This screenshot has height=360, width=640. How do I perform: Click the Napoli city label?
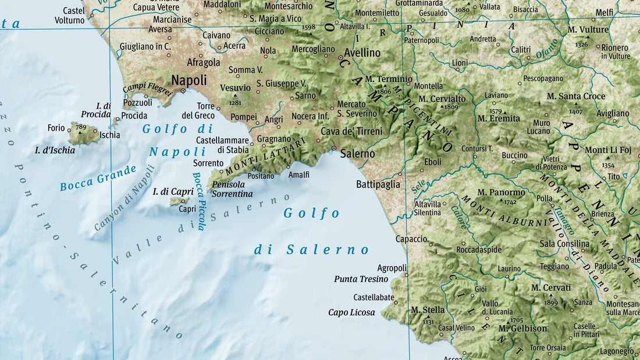click(189, 80)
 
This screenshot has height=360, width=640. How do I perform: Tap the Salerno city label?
click(357, 154)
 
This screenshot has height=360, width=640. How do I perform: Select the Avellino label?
click(362, 53)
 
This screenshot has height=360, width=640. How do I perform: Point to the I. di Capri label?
click(172, 191)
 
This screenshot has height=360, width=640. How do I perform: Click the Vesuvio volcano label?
click(235, 88)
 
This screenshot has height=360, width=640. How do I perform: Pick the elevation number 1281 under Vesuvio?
click(235, 103)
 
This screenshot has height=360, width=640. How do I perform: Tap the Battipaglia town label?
click(378, 184)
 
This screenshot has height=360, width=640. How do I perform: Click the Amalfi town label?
click(299, 174)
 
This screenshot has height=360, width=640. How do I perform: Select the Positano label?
click(261, 176)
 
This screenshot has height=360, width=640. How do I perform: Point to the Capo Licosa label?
click(351, 312)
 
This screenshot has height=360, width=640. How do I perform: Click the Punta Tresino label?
click(361, 279)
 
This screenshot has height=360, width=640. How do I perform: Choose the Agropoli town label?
click(392, 268)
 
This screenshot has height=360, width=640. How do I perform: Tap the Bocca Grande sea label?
click(98, 178)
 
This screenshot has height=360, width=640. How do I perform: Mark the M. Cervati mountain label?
click(551, 288)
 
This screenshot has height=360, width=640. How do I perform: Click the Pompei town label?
click(244, 117)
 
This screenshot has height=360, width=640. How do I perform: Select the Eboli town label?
click(433, 162)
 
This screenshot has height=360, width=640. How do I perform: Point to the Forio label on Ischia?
click(56, 128)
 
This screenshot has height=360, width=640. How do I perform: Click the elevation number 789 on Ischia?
click(80, 126)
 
